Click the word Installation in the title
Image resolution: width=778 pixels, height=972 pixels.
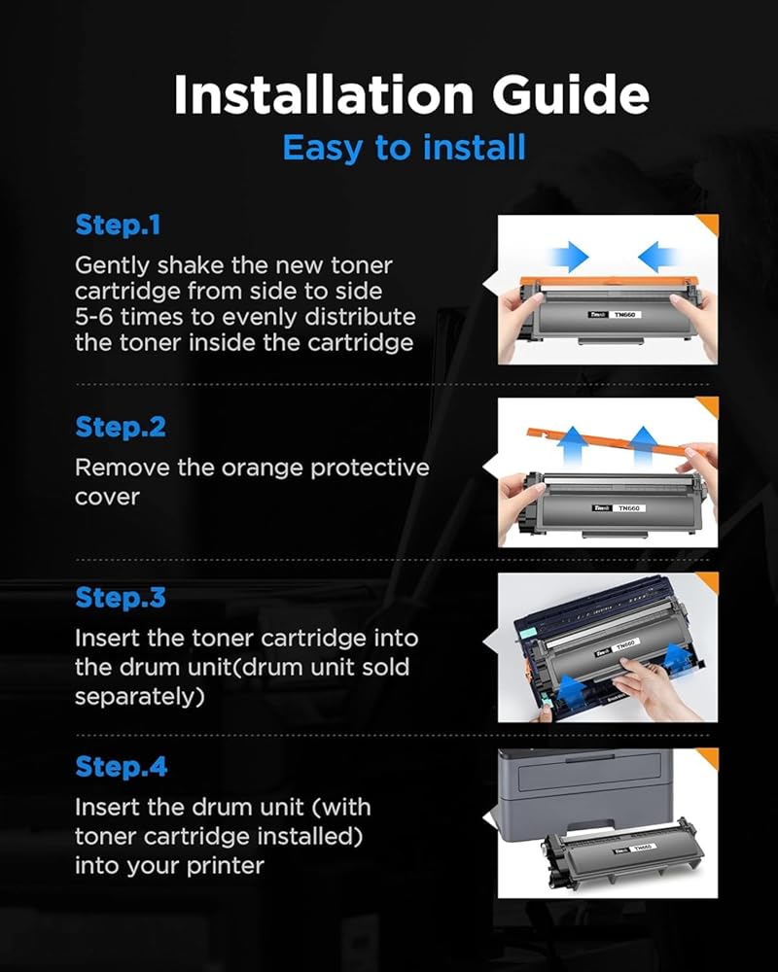pos(324,95)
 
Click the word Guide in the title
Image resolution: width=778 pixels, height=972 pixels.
pos(571,95)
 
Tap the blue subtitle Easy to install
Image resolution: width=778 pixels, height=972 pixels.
pos(404,149)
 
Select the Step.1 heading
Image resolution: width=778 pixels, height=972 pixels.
pos(118,226)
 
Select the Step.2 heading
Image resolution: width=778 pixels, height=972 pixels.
pos(121,427)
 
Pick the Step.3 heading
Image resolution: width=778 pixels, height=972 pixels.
pos(121,598)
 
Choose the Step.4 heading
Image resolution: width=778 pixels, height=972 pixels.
pos(121,767)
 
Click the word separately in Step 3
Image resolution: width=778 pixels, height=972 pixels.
pos(140,697)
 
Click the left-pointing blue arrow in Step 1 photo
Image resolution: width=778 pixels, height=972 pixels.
pos(658,256)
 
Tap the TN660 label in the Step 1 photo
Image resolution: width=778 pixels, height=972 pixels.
pos(624,315)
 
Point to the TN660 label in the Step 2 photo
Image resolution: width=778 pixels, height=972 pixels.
pos(629,508)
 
